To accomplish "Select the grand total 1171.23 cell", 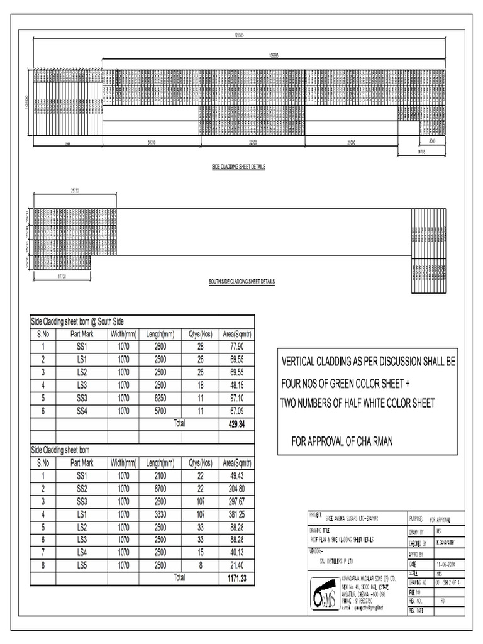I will coord(236,577).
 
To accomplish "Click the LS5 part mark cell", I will coord(82,565).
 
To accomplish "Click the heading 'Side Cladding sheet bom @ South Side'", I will coord(82,321).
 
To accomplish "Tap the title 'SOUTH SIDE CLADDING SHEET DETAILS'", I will coord(242,282).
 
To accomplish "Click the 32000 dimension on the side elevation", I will coord(252,143).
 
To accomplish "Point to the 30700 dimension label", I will coord(151,143).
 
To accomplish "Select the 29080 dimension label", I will coord(351,143).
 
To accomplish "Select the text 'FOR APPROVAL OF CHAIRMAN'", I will coord(341,441).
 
